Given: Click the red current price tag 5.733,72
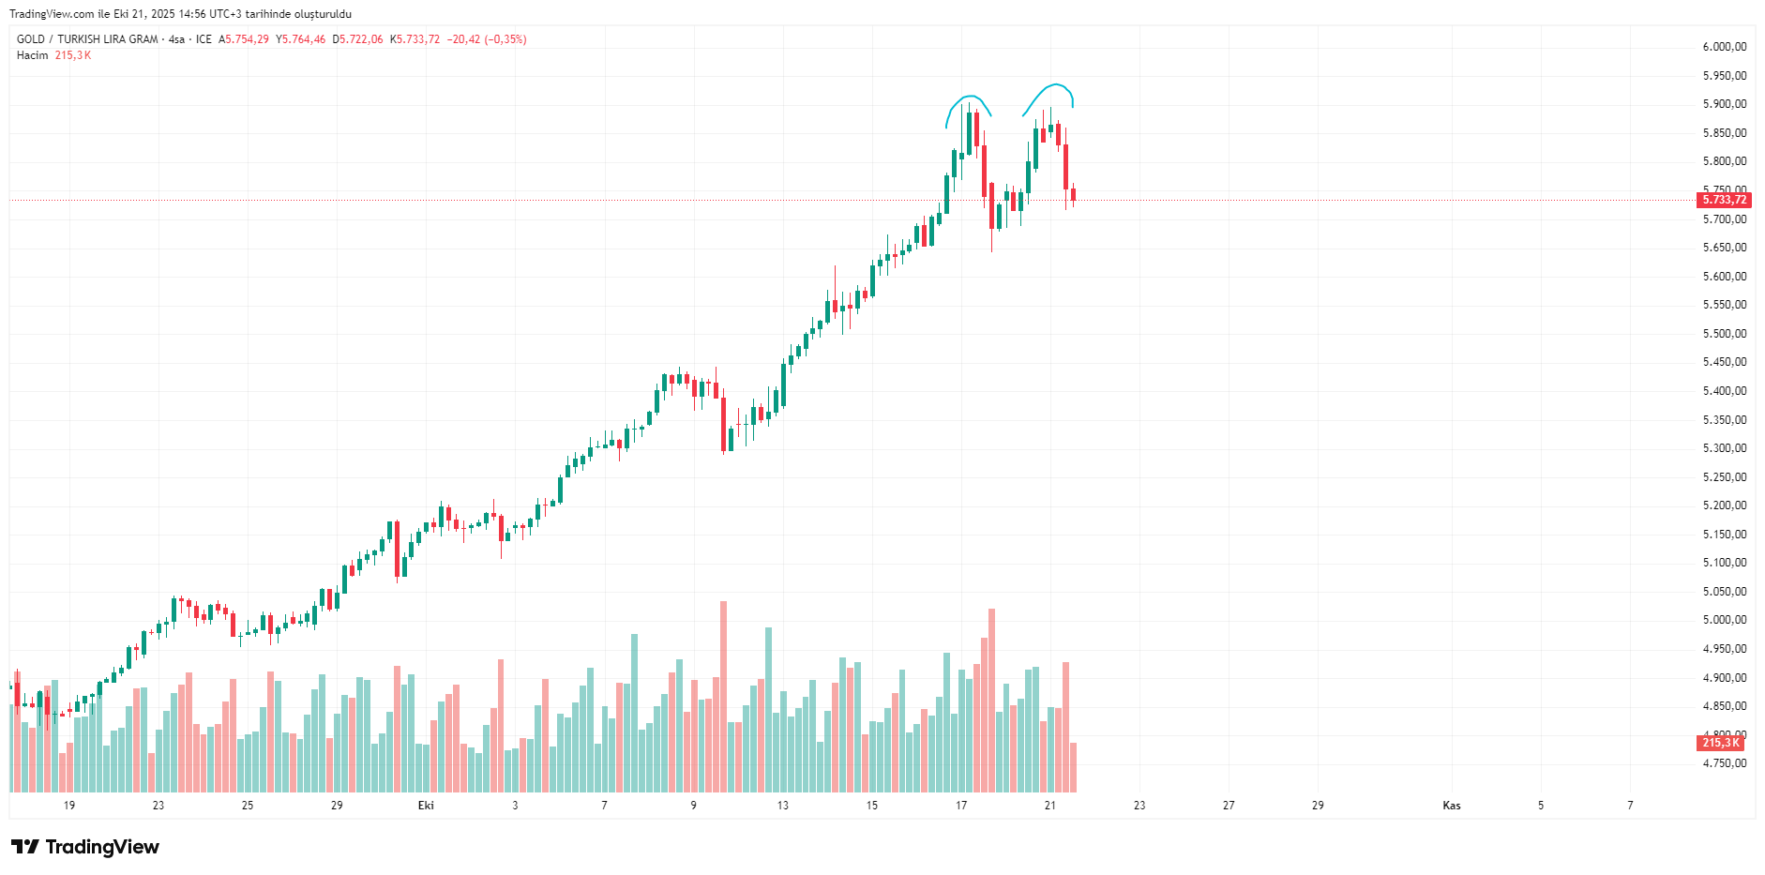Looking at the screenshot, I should pyautogui.click(x=1725, y=200).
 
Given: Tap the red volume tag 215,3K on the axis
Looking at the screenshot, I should pyautogui.click(x=1721, y=743).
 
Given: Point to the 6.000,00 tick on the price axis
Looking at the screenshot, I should pyautogui.click(x=1725, y=47).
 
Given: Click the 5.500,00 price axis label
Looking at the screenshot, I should pyautogui.click(x=1725, y=334).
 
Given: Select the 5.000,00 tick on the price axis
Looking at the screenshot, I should pyautogui.click(x=1725, y=620).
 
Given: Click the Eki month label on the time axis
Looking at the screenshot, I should pyautogui.click(x=426, y=806).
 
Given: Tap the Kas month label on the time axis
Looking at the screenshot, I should pyautogui.click(x=1451, y=806).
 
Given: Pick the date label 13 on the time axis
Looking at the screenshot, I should pyautogui.click(x=782, y=806).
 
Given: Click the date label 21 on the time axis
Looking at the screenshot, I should pyautogui.click(x=1049, y=806).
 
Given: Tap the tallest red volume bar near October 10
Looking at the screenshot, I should pyautogui.click(x=723, y=694).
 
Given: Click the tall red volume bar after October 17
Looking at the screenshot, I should pyautogui.click(x=991, y=699).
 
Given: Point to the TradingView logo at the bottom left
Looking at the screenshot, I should pyautogui.click(x=85, y=847).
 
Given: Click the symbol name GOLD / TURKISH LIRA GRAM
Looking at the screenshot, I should pyautogui.click(x=87, y=39).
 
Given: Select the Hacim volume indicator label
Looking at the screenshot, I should pyautogui.click(x=32, y=55).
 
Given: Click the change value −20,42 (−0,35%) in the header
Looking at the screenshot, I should pyautogui.click(x=487, y=39).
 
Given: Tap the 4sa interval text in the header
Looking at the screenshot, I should pyautogui.click(x=176, y=39).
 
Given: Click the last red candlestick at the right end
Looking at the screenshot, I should pyautogui.click(x=1073, y=195).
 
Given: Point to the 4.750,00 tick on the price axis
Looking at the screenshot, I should pyautogui.click(x=1725, y=763).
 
